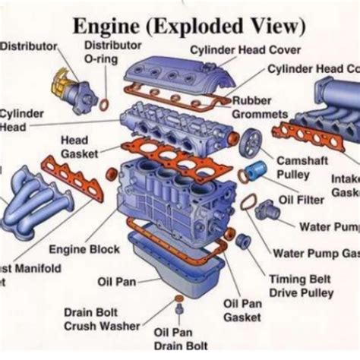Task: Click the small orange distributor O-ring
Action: pyautogui.click(x=103, y=103)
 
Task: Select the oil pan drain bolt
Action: pyautogui.click(x=180, y=310)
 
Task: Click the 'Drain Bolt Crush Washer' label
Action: pyautogui.click(x=102, y=319)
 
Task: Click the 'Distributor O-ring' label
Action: pyautogui.click(x=111, y=52)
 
